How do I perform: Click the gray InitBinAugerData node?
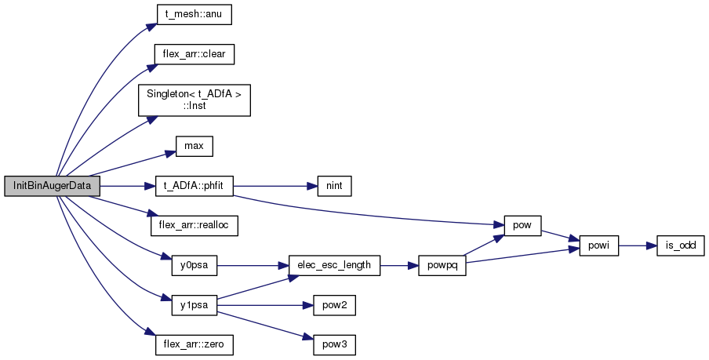(52, 186)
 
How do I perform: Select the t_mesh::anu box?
(194, 14)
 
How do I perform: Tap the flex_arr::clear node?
(195, 55)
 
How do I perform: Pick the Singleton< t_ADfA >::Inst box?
(195, 100)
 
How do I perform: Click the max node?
(194, 147)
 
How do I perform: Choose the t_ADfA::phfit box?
(195, 186)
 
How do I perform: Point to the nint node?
(334, 186)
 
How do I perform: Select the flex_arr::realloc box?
(195, 226)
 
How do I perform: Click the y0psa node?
(195, 265)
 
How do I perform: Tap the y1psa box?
(195, 305)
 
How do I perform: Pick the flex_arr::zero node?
(195, 344)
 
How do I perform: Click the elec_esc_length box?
(334, 265)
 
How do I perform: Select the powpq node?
(442, 265)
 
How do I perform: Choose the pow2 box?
(335, 305)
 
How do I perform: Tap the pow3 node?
(335, 344)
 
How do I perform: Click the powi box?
(598, 245)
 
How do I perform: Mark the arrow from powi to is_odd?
(638, 245)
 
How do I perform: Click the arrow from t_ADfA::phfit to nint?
(275, 186)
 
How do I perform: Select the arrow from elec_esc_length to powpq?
(399, 265)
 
